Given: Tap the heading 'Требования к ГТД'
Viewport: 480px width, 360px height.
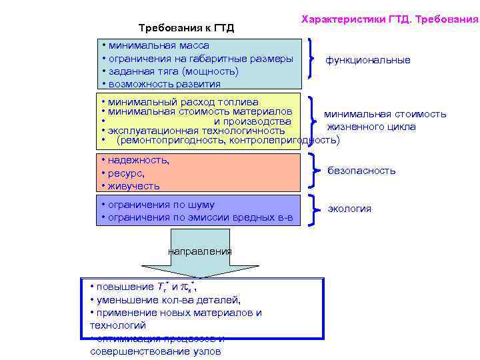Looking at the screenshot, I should [186, 28].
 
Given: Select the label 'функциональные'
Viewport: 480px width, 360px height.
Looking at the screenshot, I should [367, 60].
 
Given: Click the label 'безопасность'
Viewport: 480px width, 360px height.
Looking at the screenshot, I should [361, 171].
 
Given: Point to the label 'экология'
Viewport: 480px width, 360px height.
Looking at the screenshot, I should [349, 209].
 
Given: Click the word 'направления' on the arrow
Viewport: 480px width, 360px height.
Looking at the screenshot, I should [199, 251].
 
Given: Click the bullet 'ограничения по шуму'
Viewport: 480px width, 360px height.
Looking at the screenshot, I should [161, 205].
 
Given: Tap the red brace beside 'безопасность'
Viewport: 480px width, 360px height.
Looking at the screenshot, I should [314, 171].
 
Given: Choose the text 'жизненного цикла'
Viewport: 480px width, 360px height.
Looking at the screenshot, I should [371, 127].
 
